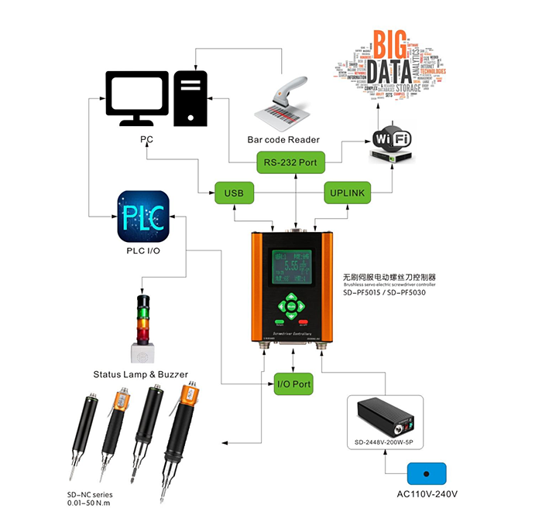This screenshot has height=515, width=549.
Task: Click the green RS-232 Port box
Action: [x=291, y=162]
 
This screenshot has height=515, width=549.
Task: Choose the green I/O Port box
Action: [x=293, y=384]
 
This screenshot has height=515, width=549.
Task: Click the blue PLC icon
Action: [x=142, y=216]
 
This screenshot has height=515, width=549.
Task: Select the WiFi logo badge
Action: [x=393, y=138]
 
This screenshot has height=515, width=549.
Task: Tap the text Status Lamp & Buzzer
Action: [x=140, y=374]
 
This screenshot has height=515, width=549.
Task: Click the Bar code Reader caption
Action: [x=283, y=140]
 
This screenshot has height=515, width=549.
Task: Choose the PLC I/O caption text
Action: [x=143, y=251]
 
